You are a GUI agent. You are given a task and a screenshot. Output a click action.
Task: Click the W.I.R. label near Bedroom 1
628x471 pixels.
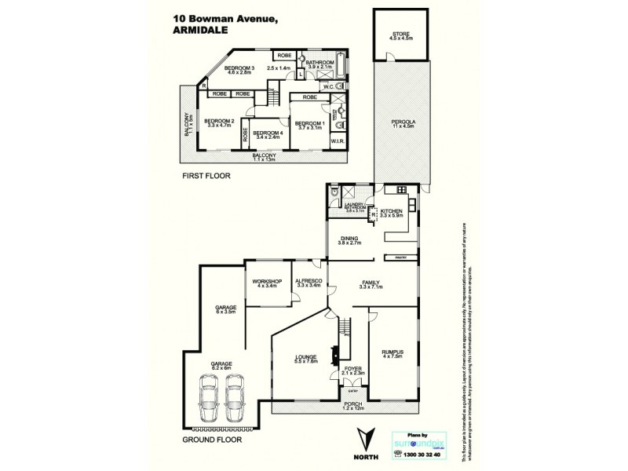339,141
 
